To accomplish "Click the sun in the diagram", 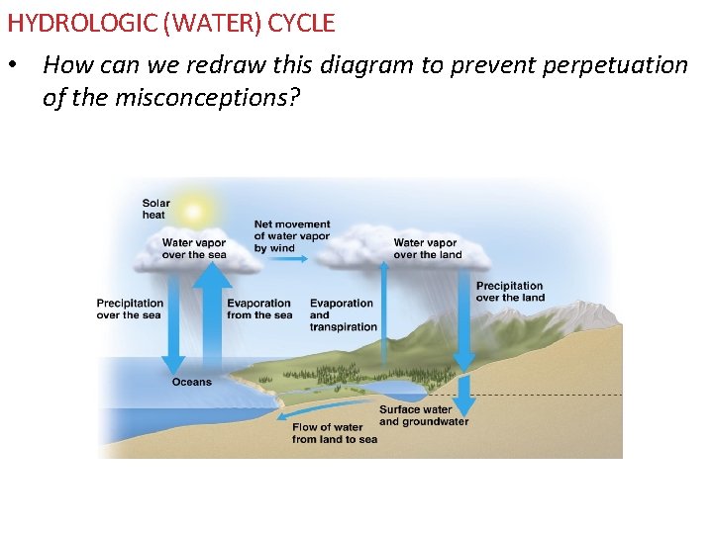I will (x=194, y=211).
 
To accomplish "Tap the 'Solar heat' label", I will (x=155, y=210).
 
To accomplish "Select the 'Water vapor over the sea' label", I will (x=194, y=248).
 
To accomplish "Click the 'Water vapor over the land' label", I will (x=427, y=248).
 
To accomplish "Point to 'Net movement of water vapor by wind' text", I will (x=292, y=236).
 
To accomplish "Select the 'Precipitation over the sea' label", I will (x=130, y=310).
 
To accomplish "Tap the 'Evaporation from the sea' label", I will (x=259, y=310).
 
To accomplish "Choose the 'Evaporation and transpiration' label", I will (x=343, y=314).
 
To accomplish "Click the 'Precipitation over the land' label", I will (x=510, y=292).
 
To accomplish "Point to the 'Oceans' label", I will (x=191, y=382).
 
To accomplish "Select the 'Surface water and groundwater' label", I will (x=423, y=415).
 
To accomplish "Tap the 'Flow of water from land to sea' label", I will (x=335, y=433).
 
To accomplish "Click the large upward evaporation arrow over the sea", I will (x=212, y=316).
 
